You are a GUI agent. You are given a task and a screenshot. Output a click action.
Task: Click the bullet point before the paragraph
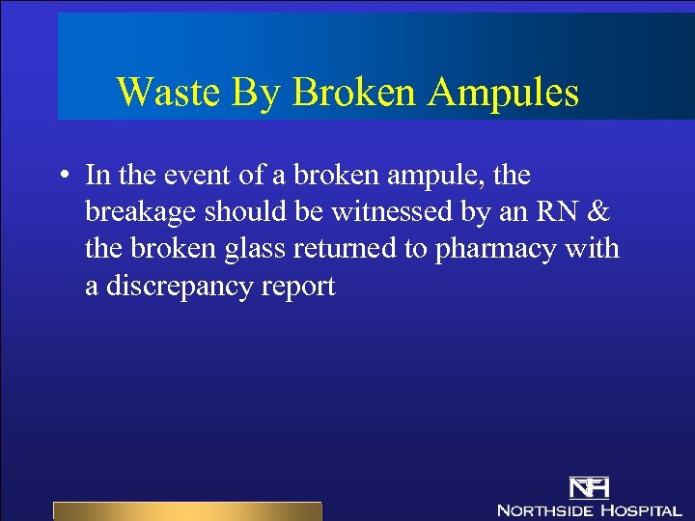(62, 177)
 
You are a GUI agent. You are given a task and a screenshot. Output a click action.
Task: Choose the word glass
(236, 250)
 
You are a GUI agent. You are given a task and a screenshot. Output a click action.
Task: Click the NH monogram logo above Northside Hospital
(588, 487)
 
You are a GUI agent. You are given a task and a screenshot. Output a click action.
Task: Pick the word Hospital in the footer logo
(641, 509)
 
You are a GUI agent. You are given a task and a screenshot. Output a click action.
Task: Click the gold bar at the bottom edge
(186, 510)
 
